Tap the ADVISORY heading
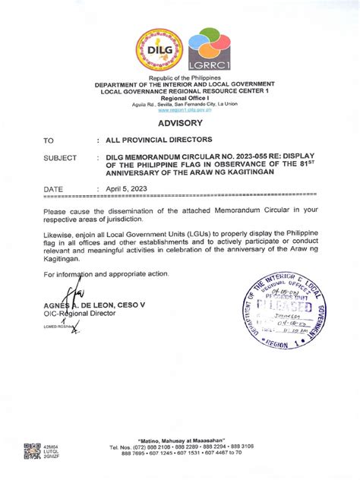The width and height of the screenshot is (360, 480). click(180, 122)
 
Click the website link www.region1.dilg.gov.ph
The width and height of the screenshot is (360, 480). click(180, 110)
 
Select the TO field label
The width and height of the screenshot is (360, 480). click(49, 141)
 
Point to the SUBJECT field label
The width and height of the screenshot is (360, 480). click(60, 158)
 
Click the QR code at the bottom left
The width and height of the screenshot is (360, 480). click(31, 450)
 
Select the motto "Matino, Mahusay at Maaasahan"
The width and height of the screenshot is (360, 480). click(180, 440)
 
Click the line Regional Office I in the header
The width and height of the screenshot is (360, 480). click(180, 98)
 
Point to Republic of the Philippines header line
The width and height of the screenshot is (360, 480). click(180, 79)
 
